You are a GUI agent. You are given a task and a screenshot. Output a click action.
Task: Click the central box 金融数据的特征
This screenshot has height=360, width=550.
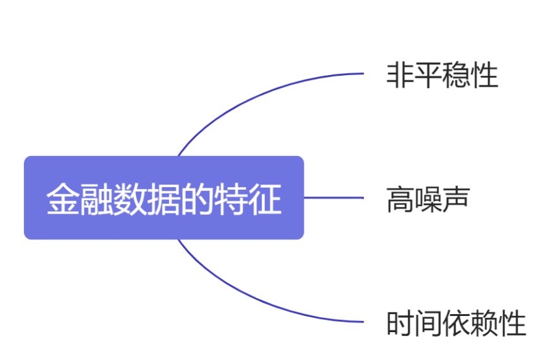click(164, 197)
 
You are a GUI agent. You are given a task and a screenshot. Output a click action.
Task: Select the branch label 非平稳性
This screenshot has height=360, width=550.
click(442, 75)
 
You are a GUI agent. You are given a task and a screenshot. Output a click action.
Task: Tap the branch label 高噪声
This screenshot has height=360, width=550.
click(428, 199)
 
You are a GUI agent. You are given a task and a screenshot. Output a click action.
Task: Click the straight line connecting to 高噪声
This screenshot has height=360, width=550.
click(334, 197)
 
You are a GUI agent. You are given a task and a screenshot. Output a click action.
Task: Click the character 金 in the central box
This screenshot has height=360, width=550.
click(60, 199)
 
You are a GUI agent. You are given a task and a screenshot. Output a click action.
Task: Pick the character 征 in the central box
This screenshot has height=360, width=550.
click(267, 199)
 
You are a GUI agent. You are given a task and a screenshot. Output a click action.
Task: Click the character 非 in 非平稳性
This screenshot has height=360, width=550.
click(400, 75)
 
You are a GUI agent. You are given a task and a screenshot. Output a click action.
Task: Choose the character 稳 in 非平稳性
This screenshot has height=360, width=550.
click(457, 75)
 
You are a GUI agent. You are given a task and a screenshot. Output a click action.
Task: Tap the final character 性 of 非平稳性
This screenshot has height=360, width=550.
click(485, 75)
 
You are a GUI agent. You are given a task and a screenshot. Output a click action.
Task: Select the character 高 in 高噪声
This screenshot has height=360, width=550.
click(400, 199)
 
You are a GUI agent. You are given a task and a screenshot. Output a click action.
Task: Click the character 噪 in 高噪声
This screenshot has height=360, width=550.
click(428, 199)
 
